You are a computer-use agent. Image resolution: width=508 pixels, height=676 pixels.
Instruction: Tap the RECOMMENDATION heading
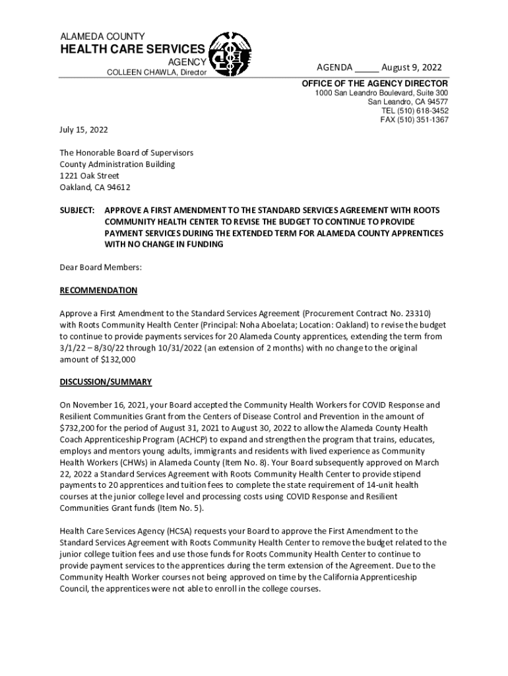point(98,290)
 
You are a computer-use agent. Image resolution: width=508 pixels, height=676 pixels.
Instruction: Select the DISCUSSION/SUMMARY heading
point(106,382)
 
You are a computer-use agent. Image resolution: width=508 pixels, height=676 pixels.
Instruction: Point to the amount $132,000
point(117,360)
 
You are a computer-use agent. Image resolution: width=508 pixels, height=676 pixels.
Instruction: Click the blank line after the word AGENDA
point(367,70)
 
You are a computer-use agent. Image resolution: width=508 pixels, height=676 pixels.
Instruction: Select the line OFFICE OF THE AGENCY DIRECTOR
point(375,84)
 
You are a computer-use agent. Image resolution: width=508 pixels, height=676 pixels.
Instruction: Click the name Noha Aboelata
point(296,325)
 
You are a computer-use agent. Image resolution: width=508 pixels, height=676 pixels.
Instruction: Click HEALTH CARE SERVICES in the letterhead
point(133,50)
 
